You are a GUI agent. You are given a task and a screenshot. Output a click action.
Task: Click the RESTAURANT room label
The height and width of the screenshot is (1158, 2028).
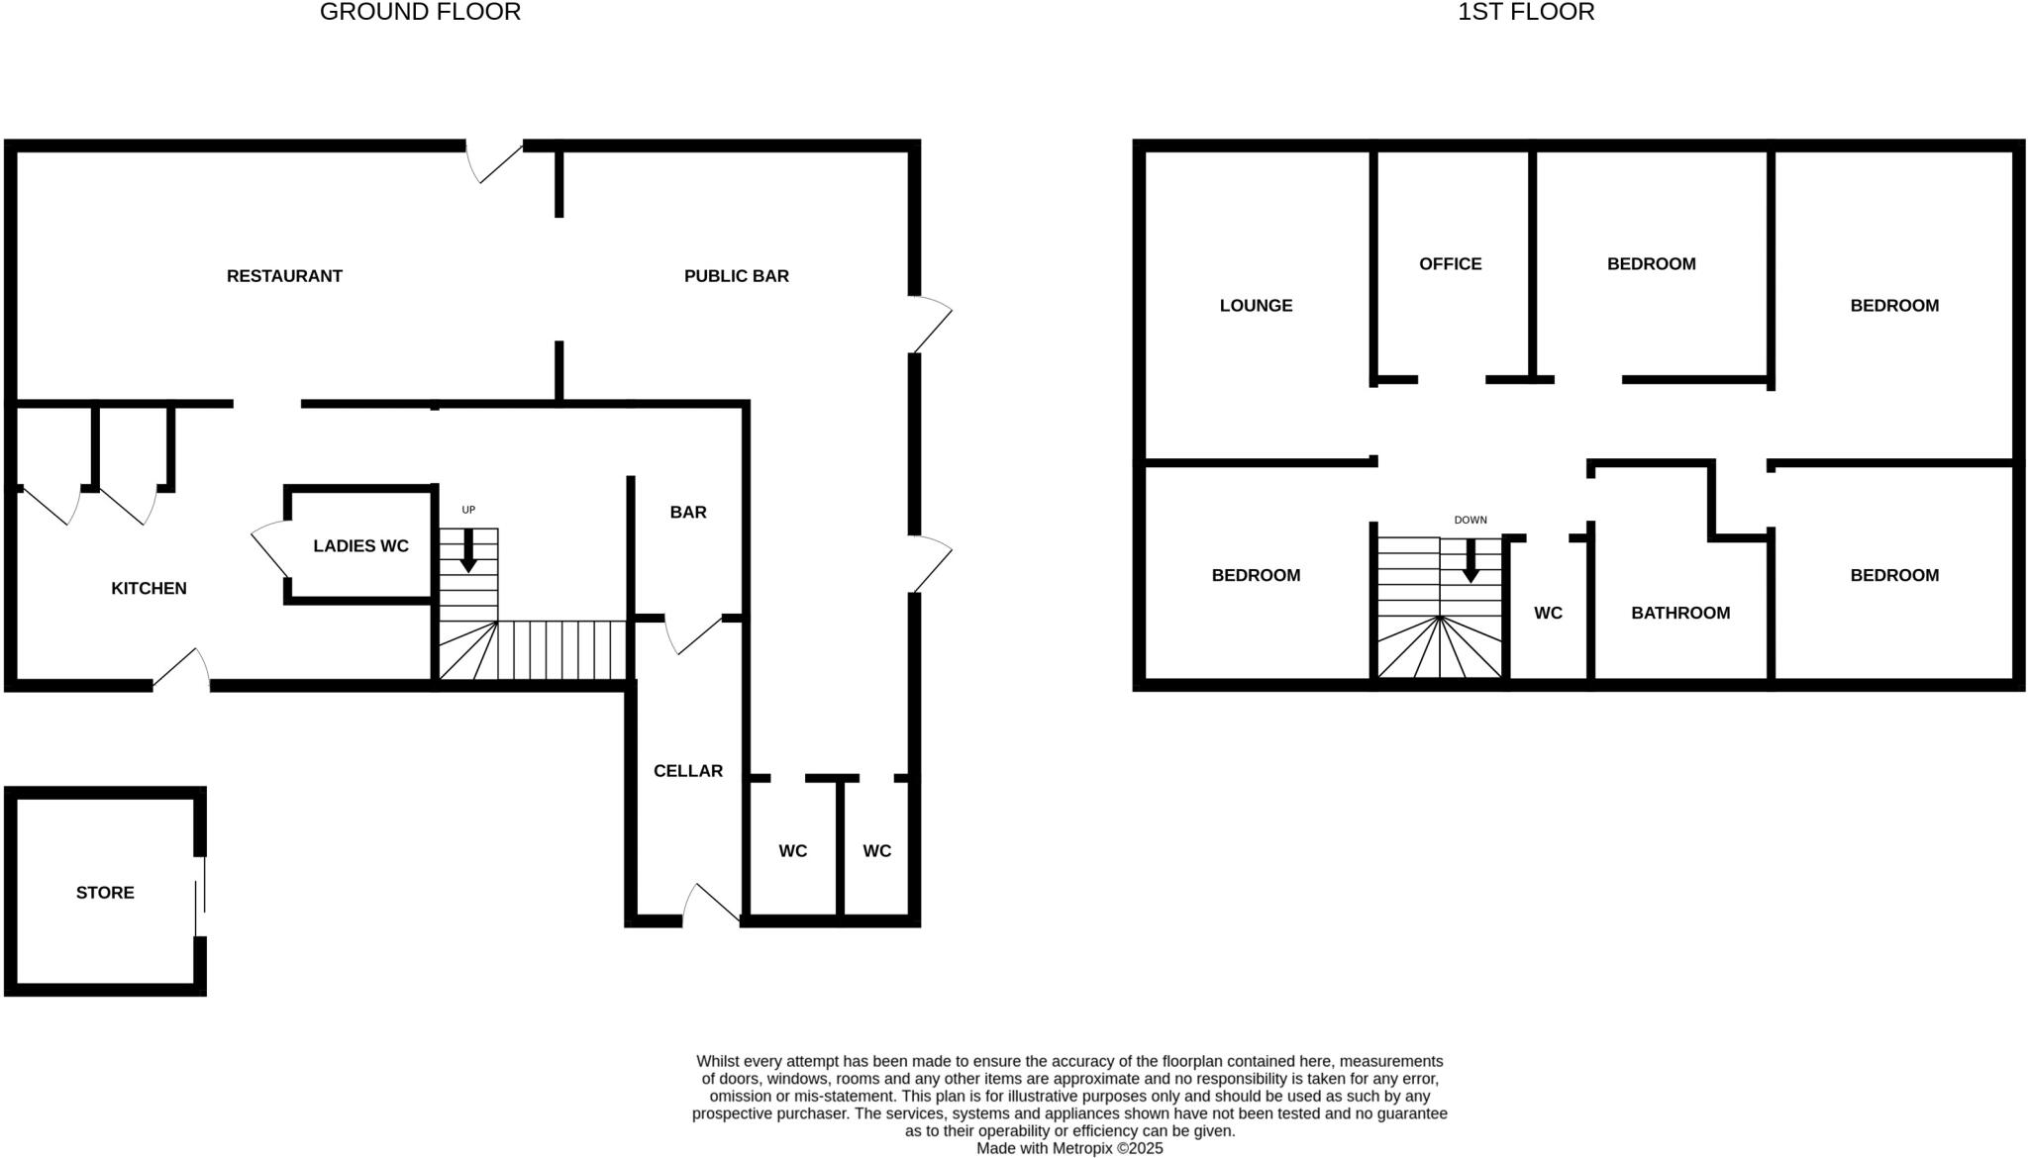tap(284, 276)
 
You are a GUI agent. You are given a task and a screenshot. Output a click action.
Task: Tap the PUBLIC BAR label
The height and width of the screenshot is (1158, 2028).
tap(736, 276)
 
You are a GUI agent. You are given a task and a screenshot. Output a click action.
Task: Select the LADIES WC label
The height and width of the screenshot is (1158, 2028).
tap(360, 546)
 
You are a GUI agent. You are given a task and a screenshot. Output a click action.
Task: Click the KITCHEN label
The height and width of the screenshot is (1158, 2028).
tap(149, 588)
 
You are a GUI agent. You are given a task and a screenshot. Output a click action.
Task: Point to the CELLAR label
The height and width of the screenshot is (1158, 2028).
tap(687, 771)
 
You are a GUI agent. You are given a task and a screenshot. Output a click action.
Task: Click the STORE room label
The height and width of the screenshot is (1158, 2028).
tap(105, 893)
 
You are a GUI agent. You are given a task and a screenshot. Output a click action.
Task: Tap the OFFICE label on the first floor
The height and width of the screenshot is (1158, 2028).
tap(1450, 264)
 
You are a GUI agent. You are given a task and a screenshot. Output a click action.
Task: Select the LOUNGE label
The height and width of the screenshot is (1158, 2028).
tap(1256, 306)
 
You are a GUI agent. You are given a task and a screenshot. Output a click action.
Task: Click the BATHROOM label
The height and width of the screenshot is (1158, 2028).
tap(1680, 613)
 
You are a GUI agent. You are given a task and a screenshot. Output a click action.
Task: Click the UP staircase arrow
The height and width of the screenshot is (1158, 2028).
tap(468, 550)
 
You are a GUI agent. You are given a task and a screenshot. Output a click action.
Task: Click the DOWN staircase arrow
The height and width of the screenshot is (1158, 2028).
tap(1470, 560)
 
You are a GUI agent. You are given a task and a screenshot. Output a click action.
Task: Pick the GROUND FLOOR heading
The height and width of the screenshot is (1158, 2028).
tap(420, 13)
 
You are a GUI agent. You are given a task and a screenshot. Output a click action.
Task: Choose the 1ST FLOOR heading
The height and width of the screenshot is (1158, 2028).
tap(1525, 13)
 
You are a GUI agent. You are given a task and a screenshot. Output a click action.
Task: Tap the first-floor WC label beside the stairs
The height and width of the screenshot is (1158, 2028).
tap(1548, 613)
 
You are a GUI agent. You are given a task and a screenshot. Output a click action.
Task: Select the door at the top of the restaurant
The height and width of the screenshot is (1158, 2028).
tap(493, 160)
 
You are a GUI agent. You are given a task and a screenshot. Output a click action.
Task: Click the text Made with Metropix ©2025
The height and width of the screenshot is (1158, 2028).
tap(1069, 1148)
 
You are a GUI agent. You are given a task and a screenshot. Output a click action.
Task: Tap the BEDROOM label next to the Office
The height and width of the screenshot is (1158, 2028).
tap(1651, 264)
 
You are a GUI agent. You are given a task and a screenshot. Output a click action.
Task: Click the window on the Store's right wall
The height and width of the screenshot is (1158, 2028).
tap(201, 896)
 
